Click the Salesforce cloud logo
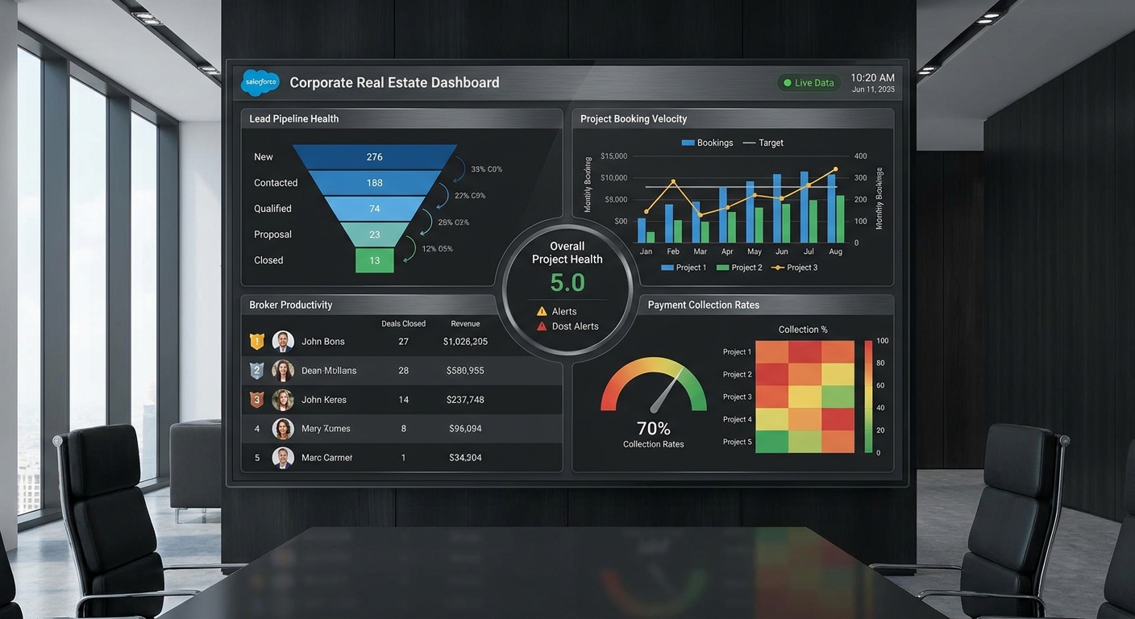point(260,82)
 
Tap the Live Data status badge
point(809,83)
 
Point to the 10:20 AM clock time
point(872,77)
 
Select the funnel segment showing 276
point(374,157)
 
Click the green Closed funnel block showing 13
point(374,260)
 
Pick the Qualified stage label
point(272,209)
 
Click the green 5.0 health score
point(567,283)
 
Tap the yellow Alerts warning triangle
point(542,311)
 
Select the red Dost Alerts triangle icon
point(542,326)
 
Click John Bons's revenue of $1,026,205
point(465,342)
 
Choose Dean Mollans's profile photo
point(283,371)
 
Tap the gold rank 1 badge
point(256,342)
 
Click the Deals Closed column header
point(403,324)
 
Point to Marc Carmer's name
point(327,458)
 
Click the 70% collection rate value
point(653,428)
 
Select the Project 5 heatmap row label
point(737,442)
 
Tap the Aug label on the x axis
point(835,251)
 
